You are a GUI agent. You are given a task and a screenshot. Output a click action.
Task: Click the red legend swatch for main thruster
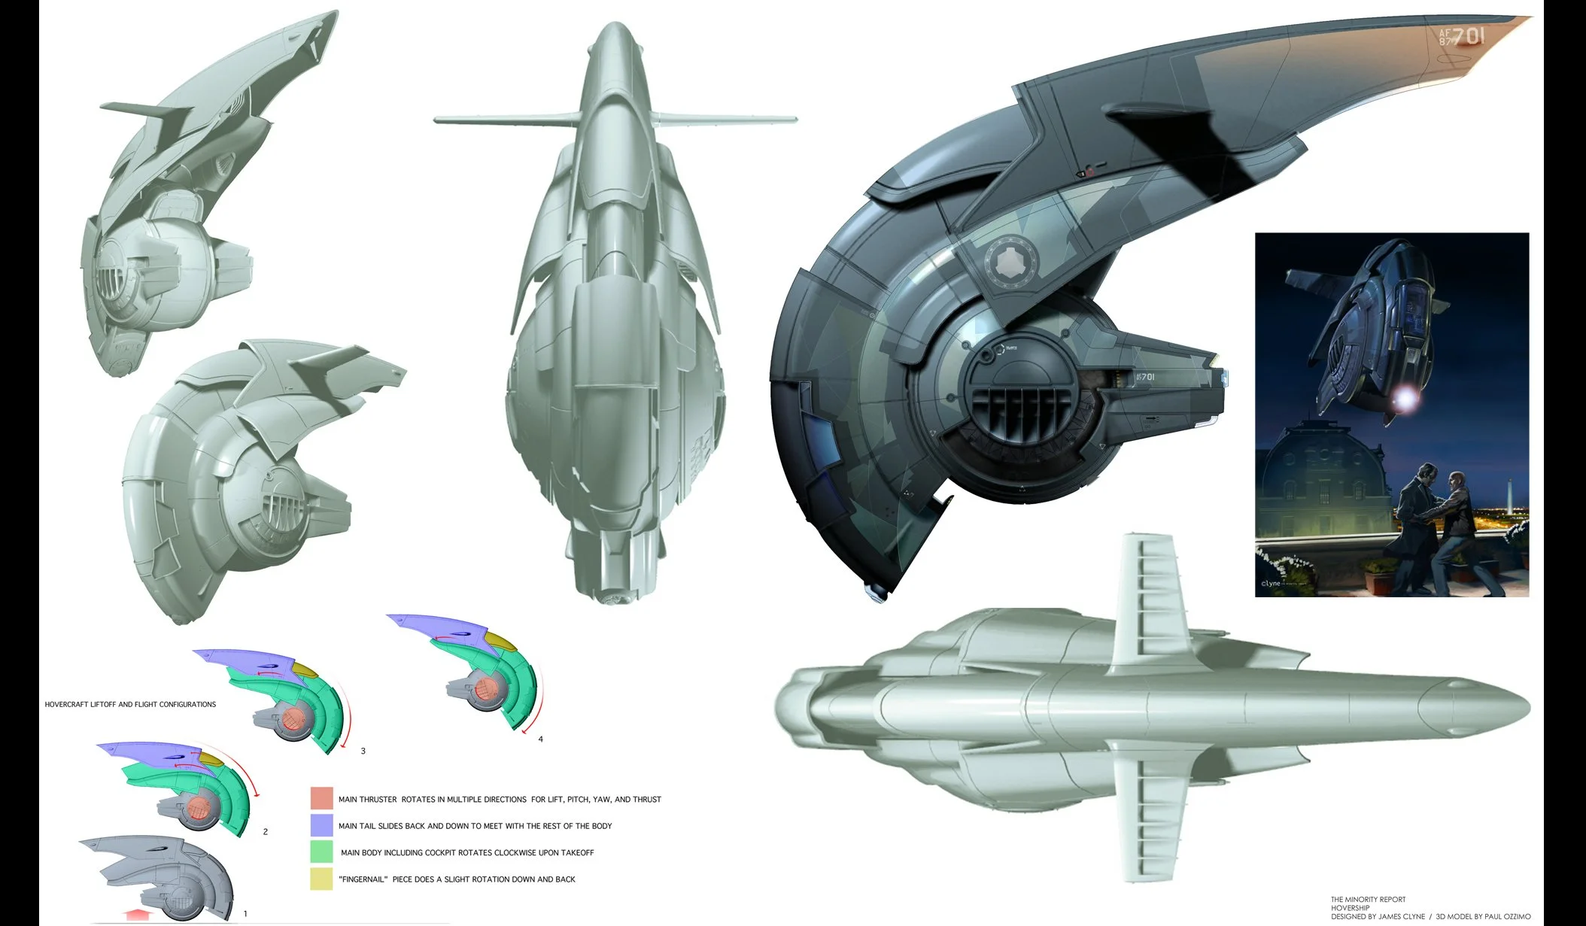click(x=321, y=798)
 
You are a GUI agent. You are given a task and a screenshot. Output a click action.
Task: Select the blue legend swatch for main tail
click(x=321, y=825)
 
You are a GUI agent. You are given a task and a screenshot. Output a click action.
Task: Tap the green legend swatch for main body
click(x=321, y=852)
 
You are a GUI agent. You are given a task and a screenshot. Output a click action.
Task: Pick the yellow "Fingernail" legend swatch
click(x=321, y=879)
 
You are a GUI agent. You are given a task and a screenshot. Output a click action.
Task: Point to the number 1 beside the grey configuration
click(x=245, y=914)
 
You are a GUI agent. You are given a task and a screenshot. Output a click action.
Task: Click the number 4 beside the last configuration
click(x=540, y=739)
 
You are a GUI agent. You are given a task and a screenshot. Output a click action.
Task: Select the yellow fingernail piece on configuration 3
click(x=304, y=669)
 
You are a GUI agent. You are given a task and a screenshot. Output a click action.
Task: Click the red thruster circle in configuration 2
click(x=199, y=809)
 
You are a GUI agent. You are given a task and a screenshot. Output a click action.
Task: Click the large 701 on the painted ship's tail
click(x=1468, y=36)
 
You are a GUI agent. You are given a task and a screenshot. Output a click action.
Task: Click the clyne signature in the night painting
click(x=1271, y=583)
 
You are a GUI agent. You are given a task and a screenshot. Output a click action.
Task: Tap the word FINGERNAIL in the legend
click(x=363, y=879)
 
